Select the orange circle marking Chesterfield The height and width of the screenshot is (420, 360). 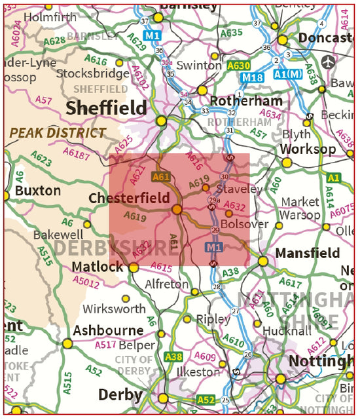(x=177, y=210)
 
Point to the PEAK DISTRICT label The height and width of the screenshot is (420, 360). (x=57, y=133)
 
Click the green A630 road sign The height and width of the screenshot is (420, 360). (x=239, y=66)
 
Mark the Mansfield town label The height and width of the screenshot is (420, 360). (x=308, y=253)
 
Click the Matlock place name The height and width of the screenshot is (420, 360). (x=98, y=267)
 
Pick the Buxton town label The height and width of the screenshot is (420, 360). (x=38, y=191)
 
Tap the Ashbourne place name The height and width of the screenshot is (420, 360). (x=108, y=330)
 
